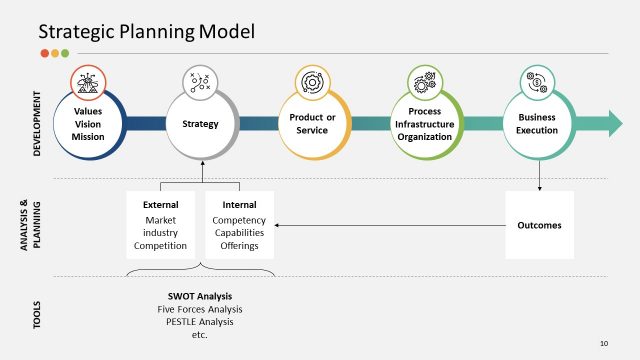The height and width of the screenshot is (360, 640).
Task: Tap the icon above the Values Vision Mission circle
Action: [88, 80]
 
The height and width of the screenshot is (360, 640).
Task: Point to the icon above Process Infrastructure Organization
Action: [422, 80]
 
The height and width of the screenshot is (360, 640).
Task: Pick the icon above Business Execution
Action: [536, 80]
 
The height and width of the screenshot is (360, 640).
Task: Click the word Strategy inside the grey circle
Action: [200, 124]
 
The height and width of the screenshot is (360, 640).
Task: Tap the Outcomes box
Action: [540, 225]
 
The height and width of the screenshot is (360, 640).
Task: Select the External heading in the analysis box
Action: [160, 205]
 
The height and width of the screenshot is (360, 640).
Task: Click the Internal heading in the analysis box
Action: [239, 205]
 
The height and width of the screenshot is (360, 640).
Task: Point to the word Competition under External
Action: [160, 245]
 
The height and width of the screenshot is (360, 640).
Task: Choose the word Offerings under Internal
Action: [239, 245]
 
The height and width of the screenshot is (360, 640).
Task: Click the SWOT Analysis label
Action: [200, 296]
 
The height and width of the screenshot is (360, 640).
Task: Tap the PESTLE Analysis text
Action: [200, 322]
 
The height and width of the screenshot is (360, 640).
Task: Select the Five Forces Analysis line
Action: [200, 309]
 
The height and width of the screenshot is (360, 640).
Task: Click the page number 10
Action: [604, 343]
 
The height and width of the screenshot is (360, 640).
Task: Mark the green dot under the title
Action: [65, 53]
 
